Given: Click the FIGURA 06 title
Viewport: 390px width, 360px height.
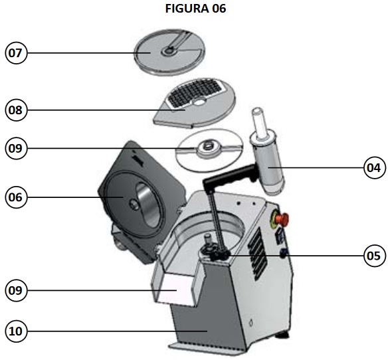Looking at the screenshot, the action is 195,9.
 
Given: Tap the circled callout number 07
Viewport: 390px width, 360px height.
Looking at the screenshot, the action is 16,53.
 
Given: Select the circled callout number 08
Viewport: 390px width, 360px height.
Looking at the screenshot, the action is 16,110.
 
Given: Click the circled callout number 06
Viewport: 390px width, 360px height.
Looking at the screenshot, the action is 16,197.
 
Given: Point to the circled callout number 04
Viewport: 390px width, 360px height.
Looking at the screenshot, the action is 374,168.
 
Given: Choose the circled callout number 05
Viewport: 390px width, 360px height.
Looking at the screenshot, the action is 374,256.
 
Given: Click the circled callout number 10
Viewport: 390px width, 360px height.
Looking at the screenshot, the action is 16,331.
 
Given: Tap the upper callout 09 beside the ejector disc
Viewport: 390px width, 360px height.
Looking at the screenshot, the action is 16,148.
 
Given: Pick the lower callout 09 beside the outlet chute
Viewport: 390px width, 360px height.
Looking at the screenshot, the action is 16,290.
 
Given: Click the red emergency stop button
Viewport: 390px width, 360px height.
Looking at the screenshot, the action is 282,219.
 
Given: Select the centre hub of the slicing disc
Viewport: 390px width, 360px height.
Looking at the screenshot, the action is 169,51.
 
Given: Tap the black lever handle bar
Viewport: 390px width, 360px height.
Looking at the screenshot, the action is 230,175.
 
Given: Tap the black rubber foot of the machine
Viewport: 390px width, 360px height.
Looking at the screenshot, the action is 282,335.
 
